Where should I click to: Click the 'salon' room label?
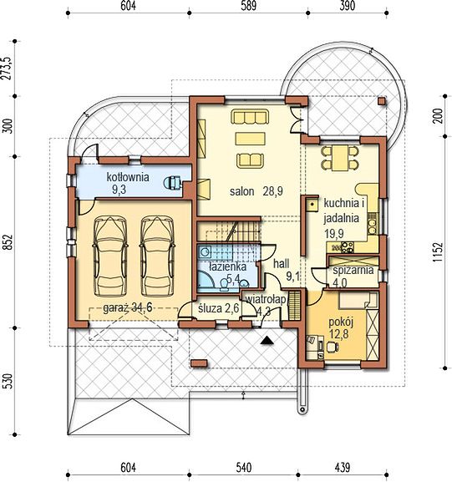tap(242, 191)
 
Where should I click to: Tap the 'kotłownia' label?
tap(128, 177)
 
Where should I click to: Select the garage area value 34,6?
tap(142, 307)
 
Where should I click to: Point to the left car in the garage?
tap(110, 256)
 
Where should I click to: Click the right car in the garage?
tap(157, 256)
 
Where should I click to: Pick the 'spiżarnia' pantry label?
tap(353, 271)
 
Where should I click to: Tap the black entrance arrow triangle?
tap(267, 340)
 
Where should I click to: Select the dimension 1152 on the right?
tap(438, 252)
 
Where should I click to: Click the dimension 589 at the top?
tap(248, 6)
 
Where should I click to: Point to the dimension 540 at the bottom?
tap(243, 468)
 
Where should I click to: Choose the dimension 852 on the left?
tap(8, 242)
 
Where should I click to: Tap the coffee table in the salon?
tap(251, 139)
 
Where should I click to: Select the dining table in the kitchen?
tap(340, 158)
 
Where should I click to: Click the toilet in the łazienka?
tap(224, 285)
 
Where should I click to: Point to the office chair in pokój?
tap(333, 347)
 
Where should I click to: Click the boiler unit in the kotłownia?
tap(172, 183)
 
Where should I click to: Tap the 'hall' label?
tap(281, 264)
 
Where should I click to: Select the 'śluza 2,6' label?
tap(218, 308)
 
